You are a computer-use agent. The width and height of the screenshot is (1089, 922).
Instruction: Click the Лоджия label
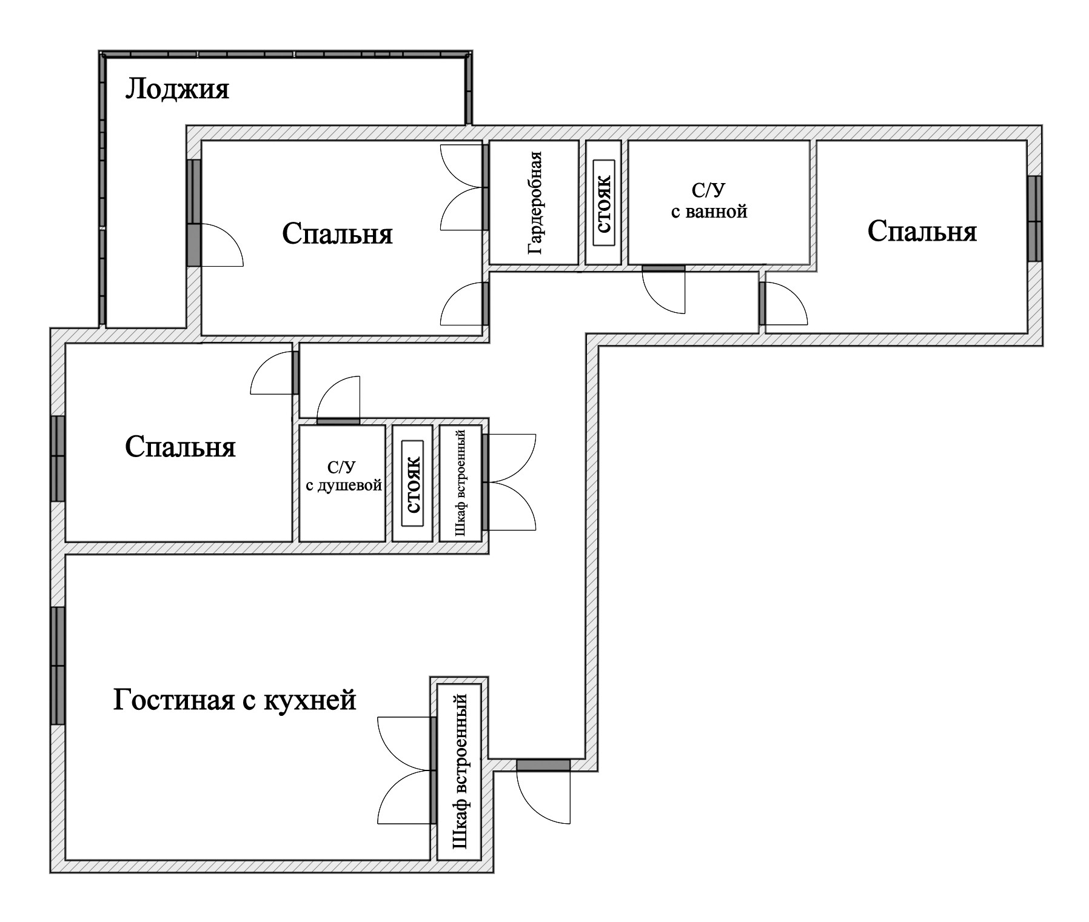click(x=177, y=89)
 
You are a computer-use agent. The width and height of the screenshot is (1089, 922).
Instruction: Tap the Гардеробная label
click(x=534, y=202)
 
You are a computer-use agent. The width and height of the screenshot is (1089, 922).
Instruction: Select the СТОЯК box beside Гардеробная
click(x=604, y=202)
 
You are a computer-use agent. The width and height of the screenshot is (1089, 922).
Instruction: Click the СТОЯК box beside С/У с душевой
click(x=413, y=484)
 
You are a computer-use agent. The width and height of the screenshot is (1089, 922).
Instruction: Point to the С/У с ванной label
click(x=709, y=201)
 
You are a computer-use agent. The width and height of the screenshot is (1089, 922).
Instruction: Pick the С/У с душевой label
click(x=343, y=476)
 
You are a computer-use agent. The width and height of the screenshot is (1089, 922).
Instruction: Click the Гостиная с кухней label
click(x=235, y=700)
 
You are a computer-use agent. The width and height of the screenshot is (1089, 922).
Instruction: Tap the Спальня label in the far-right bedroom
click(x=922, y=231)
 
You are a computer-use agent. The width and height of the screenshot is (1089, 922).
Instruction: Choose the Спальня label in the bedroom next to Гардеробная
click(x=337, y=233)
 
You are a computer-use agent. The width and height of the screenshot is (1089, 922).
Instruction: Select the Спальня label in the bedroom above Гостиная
click(x=180, y=447)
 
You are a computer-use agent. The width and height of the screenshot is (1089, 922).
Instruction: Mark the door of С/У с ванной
click(x=663, y=269)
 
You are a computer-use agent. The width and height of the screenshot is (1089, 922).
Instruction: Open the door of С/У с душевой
click(x=338, y=421)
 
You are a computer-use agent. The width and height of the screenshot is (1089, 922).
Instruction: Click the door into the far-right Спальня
click(x=763, y=303)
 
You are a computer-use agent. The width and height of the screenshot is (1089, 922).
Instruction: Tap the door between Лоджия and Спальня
click(x=193, y=245)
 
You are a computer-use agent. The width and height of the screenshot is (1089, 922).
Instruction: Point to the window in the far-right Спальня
click(x=1034, y=218)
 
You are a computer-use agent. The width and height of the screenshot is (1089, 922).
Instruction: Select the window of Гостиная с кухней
click(x=58, y=665)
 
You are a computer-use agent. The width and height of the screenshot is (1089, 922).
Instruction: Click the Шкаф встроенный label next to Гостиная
click(x=460, y=771)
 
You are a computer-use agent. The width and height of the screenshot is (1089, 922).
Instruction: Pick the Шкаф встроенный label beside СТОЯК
click(x=460, y=483)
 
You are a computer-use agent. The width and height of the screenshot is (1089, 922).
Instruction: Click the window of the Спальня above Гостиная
click(x=58, y=458)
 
